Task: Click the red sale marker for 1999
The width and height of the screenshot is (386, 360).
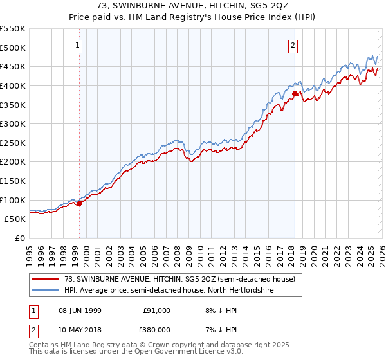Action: pos(80,203)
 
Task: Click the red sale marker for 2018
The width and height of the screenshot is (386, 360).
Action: pos(295,93)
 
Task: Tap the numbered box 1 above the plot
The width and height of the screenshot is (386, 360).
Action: pos(78,45)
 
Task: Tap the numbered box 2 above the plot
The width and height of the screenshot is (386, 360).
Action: pos(293,45)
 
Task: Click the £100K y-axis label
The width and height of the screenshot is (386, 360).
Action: pos(13,200)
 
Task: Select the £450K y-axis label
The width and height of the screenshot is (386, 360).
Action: pos(13,66)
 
